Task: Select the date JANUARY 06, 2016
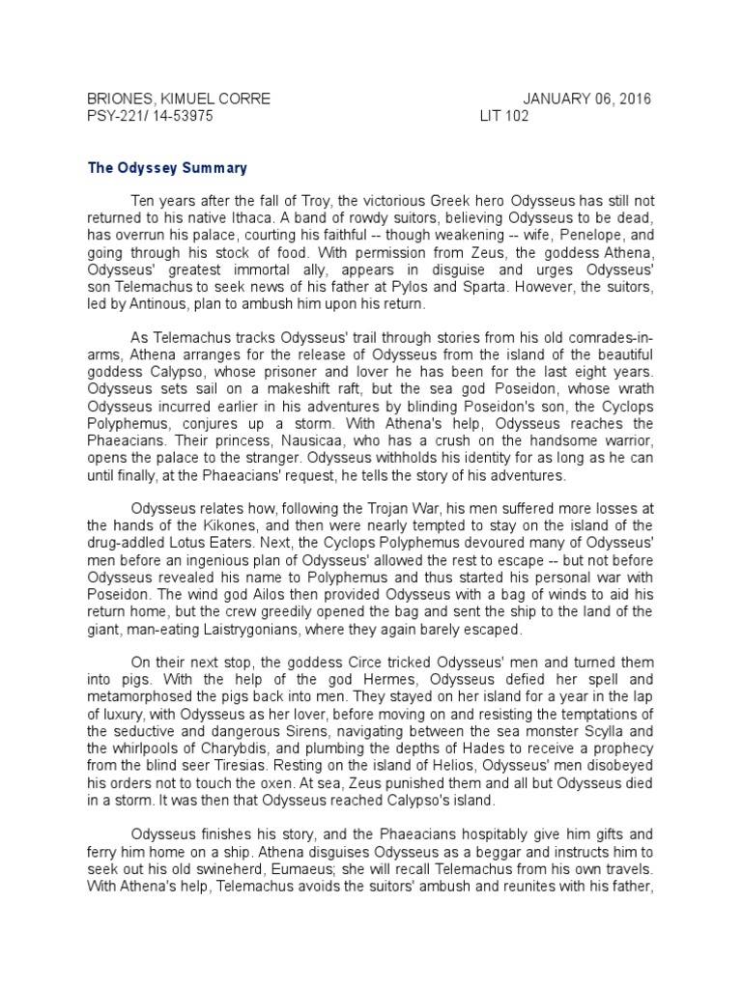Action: point(586,99)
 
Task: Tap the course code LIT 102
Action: point(504,116)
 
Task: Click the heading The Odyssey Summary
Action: point(167,168)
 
